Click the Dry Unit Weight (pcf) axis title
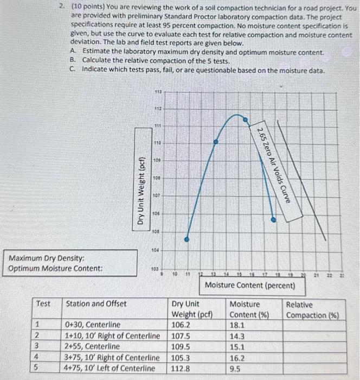140,191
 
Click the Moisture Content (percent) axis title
250,285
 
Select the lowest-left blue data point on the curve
187,239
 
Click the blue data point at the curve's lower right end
273,220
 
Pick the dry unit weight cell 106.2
182,325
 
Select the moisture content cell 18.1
238,325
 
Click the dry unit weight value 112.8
182,369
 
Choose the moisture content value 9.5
236,369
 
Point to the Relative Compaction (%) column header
312,310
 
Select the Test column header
43,304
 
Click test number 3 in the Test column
37,346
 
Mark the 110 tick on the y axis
157,142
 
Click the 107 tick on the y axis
157,195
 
